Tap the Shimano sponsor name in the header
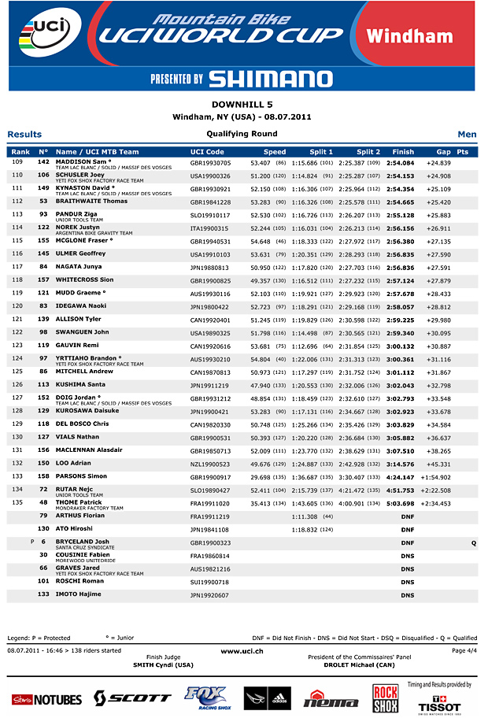coord(271,79)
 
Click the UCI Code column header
coord(207,152)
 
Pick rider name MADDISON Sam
coord(81,161)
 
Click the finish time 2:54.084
coord(400,162)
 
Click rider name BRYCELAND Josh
coord(82,542)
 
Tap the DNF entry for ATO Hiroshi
coord(408,529)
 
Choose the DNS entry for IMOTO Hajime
coord(408,595)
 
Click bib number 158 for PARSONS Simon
coord(43,476)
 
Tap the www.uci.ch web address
coord(242,651)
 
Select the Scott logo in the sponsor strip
coord(132,698)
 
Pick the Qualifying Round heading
coord(242,135)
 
